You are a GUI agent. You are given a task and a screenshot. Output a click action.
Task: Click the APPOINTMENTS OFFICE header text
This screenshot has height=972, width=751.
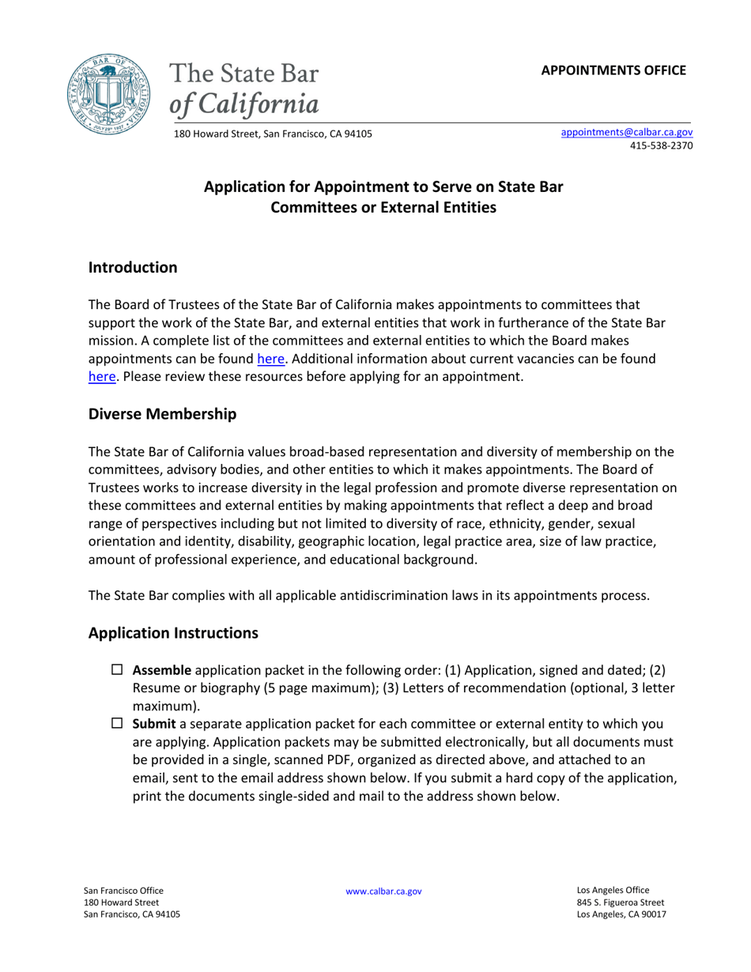coord(613,70)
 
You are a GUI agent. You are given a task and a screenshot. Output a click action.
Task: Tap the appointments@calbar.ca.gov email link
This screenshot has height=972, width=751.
coord(626,133)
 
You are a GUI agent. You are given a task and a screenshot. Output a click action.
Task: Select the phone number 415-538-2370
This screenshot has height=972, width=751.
coord(661,146)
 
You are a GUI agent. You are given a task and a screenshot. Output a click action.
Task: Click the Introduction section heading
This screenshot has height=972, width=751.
coord(133,267)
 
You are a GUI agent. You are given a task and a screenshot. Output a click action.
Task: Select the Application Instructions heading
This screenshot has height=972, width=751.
coord(173,633)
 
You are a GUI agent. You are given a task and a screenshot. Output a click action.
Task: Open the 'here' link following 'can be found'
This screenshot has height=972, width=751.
coord(270,359)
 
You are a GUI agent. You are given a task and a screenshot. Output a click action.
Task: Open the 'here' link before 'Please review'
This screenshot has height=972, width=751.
coord(102,377)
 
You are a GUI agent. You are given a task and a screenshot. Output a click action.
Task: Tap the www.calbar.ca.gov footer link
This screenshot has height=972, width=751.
coord(383,891)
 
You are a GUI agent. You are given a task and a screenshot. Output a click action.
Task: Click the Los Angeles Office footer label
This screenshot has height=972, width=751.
coord(613,890)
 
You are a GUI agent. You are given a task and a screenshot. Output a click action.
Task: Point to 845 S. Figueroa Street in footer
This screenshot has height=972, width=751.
coord(620,902)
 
